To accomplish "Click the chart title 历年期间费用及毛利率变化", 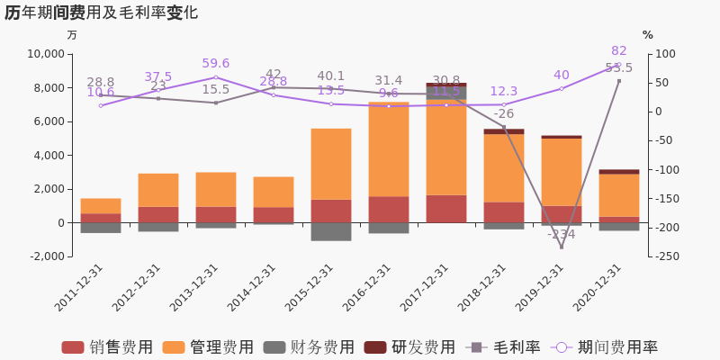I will (x=101, y=13).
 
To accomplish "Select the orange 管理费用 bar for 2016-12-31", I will (x=389, y=149).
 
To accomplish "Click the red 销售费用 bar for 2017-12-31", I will (x=446, y=209).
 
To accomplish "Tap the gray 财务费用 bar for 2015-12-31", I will (x=331, y=231).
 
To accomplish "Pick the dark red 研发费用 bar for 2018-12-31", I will (x=504, y=131).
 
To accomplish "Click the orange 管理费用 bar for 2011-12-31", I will (x=101, y=206).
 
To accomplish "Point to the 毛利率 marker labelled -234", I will (x=562, y=247).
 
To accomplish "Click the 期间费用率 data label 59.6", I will (x=216, y=64).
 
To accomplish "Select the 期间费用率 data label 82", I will (x=619, y=51).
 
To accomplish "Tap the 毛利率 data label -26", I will (x=504, y=114).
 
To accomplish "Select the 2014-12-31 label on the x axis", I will (x=252, y=288).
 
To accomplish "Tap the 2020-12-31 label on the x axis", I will (x=597, y=288).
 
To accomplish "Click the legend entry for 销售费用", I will (x=107, y=347).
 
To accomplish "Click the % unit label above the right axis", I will (x=647, y=35).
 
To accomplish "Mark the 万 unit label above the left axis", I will (x=72, y=35).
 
